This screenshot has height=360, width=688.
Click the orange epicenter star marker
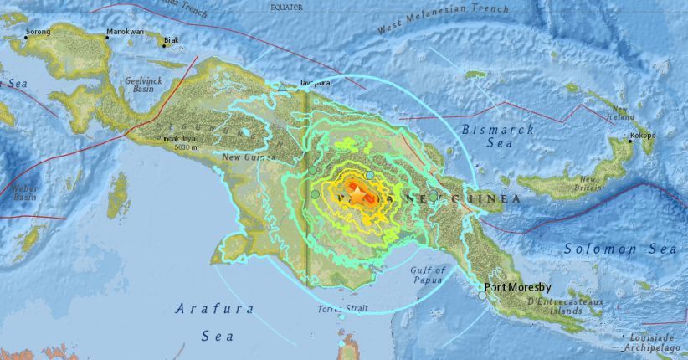(358, 195)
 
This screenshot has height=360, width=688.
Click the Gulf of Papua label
(428, 275)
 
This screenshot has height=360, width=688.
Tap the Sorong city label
(39, 32)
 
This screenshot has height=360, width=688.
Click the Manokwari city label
(125, 32)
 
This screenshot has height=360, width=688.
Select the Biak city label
(171, 39)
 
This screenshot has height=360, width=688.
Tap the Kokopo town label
(643, 135)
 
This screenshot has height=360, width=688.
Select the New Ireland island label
(619, 113)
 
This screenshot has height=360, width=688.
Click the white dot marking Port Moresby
(482, 295)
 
